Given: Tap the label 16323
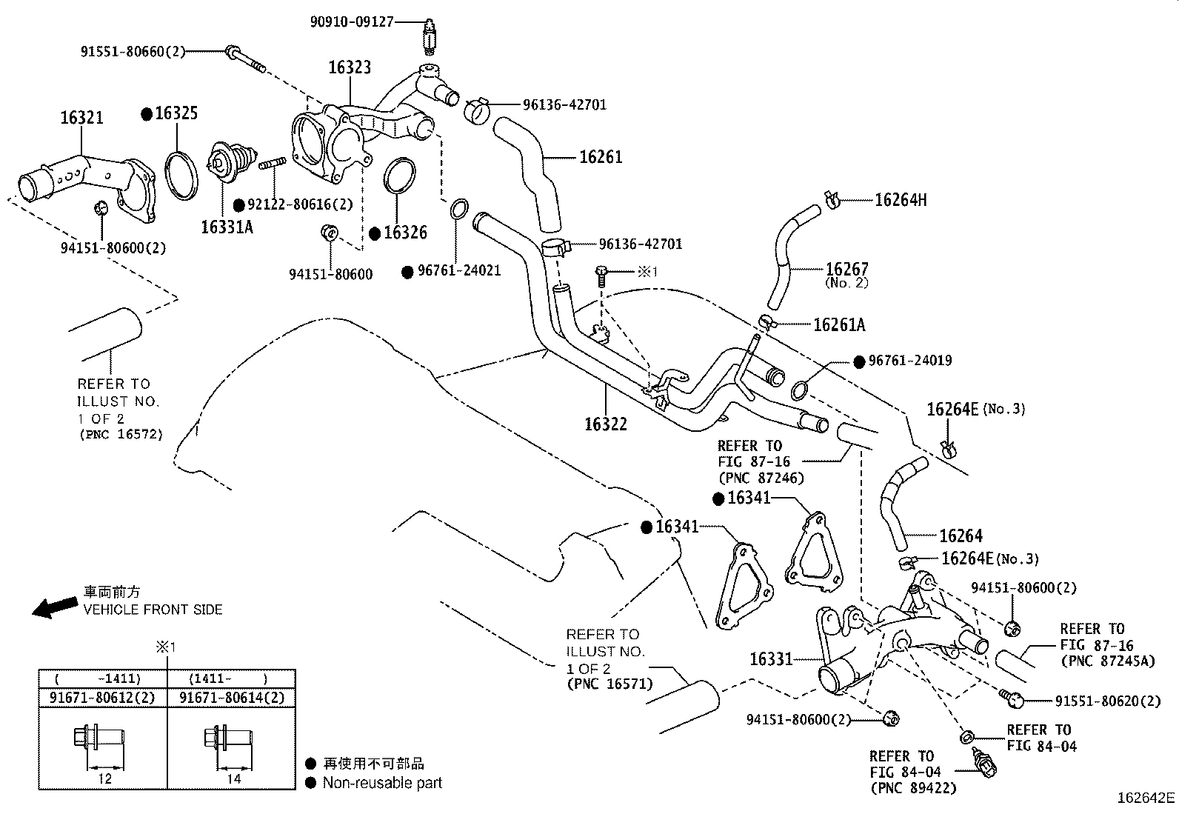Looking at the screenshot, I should point(350,67).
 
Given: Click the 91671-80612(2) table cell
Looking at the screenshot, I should point(103,698).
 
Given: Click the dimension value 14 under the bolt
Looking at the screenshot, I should point(234,778).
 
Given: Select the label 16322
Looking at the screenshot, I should point(605,424).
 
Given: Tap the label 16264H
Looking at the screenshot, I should point(901,200).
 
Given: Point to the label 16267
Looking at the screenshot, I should point(846,269).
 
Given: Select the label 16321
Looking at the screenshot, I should point(81,118).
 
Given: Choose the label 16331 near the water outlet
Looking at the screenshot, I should point(771,658).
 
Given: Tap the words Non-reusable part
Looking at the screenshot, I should point(382,782).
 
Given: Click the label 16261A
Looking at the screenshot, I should point(838,324).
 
